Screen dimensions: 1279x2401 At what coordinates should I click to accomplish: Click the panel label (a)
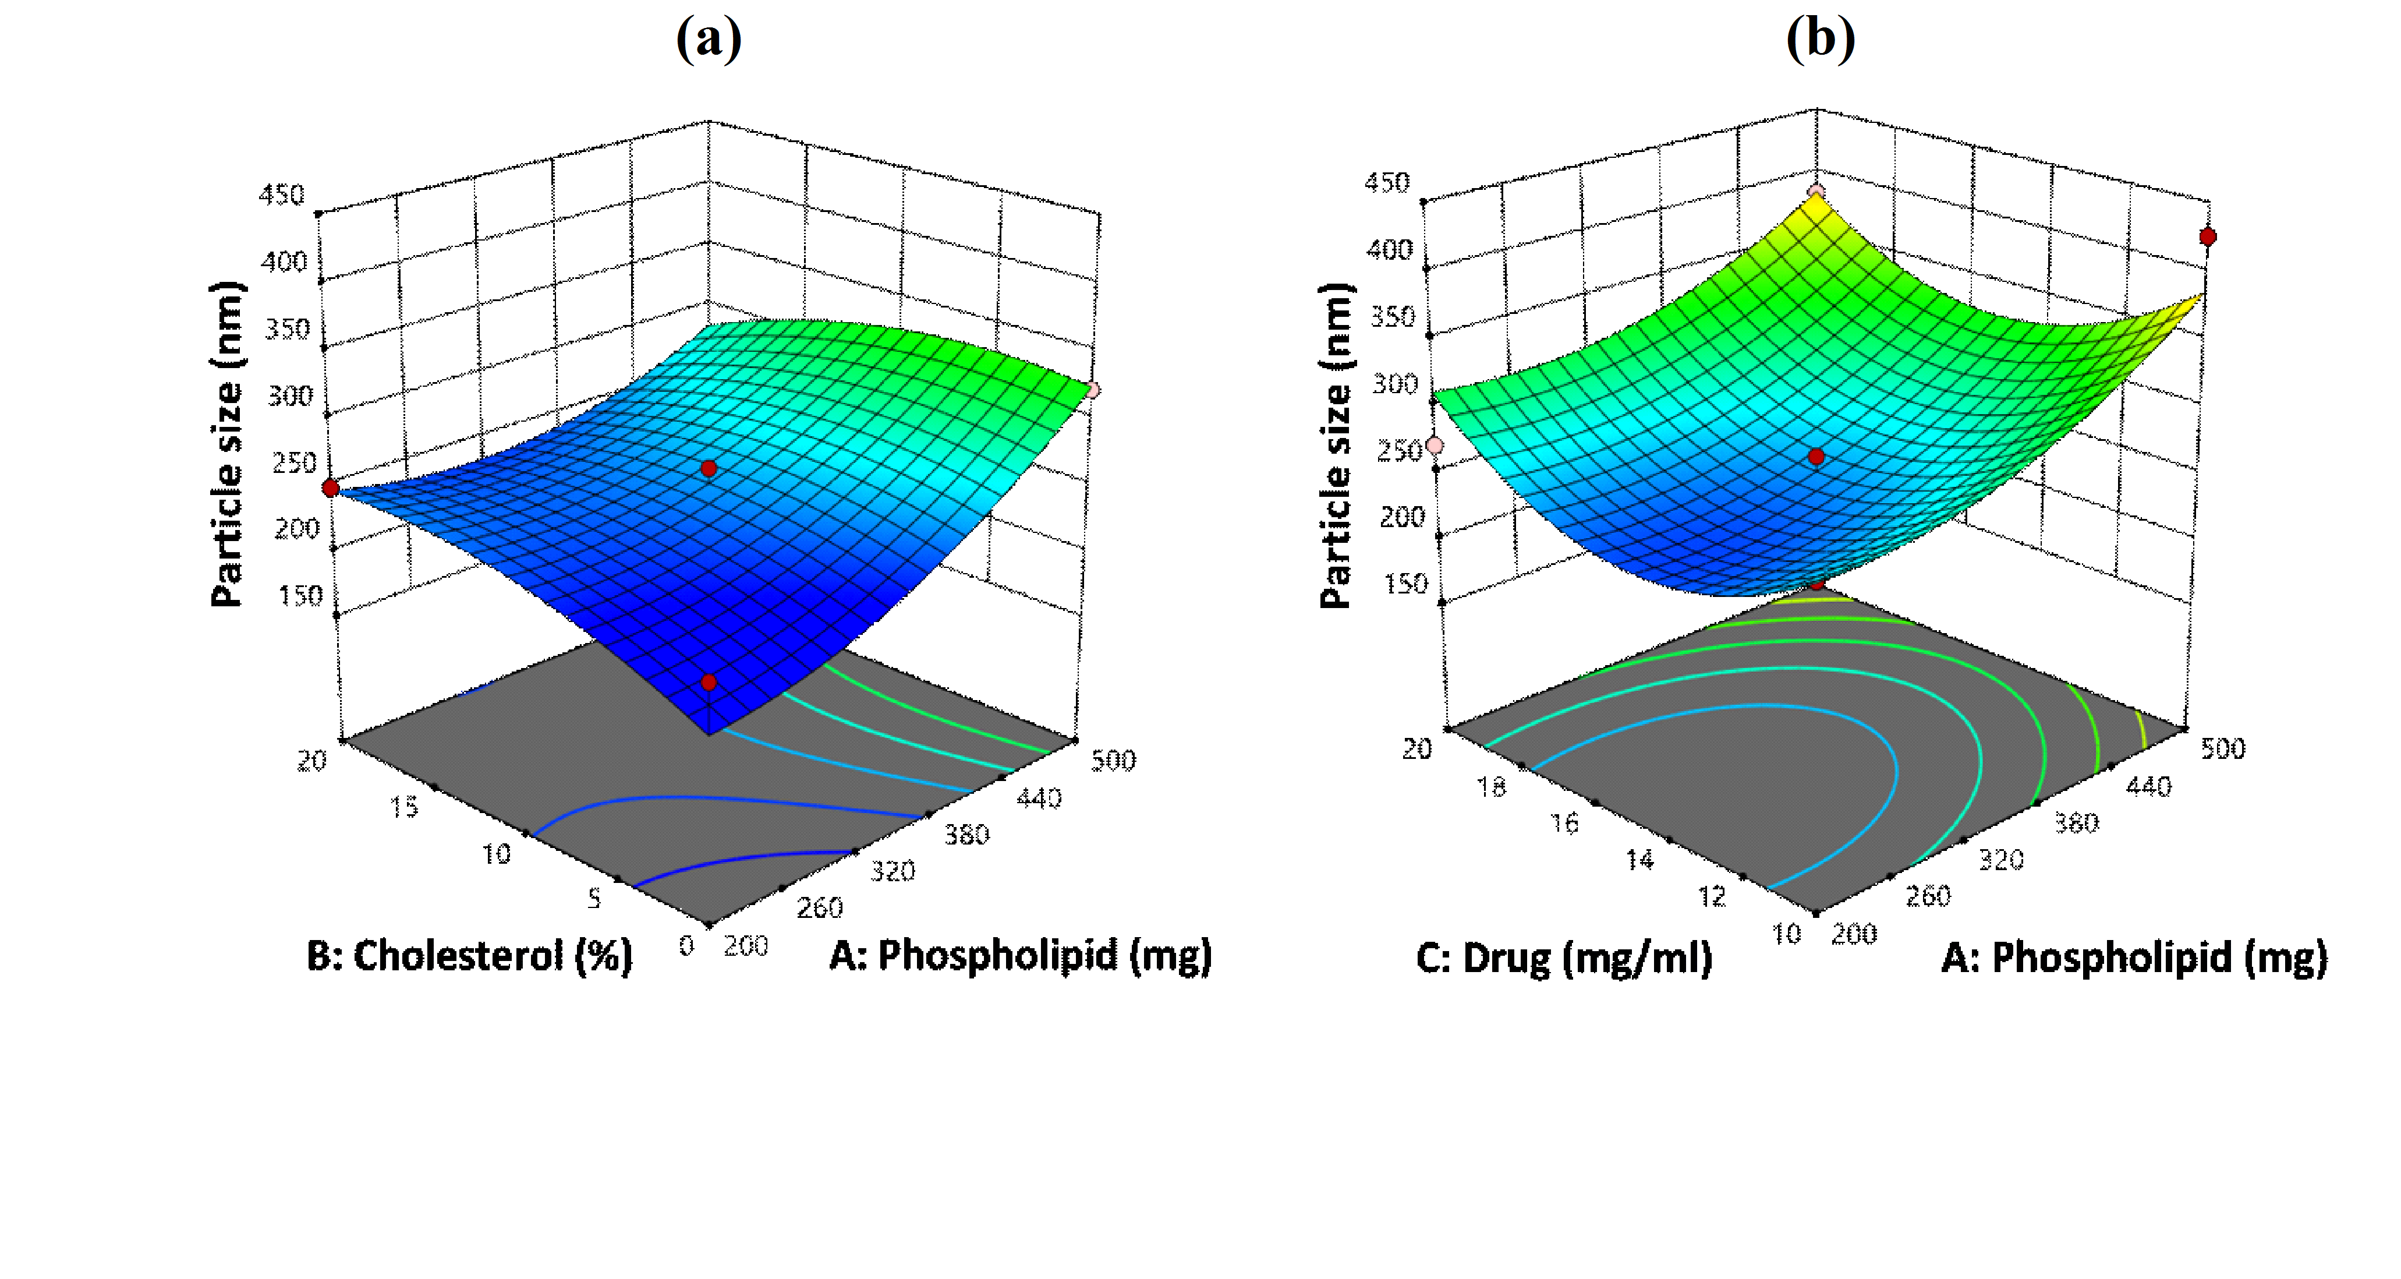tap(709, 39)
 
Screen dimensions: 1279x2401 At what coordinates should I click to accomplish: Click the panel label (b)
tap(1819, 39)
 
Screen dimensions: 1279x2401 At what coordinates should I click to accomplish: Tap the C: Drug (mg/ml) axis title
tap(1564, 958)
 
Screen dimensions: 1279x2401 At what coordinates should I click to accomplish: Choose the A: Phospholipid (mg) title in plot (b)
tap(2134, 958)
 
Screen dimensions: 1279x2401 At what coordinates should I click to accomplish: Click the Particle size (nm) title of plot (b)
tap(1337, 444)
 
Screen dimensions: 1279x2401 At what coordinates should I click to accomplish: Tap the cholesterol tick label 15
tap(403, 807)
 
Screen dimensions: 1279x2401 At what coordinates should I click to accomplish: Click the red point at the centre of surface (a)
tap(709, 468)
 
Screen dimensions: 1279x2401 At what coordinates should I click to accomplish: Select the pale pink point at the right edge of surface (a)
tap(1092, 390)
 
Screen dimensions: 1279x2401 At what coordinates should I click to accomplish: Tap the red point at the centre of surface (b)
tap(1816, 457)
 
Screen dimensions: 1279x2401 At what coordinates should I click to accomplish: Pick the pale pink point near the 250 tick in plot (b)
tap(1435, 446)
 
